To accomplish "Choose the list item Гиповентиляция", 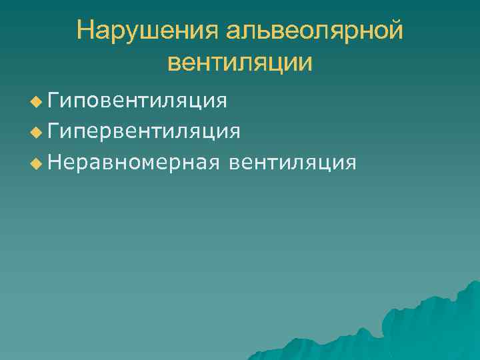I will pyautogui.click(x=137, y=101).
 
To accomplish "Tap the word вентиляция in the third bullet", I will pyautogui.click(x=291, y=162).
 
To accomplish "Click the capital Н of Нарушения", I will pyautogui.click(x=85, y=31).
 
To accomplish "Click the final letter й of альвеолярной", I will pyautogui.click(x=396, y=31).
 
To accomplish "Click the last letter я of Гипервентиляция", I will pyautogui.click(x=233, y=131).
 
